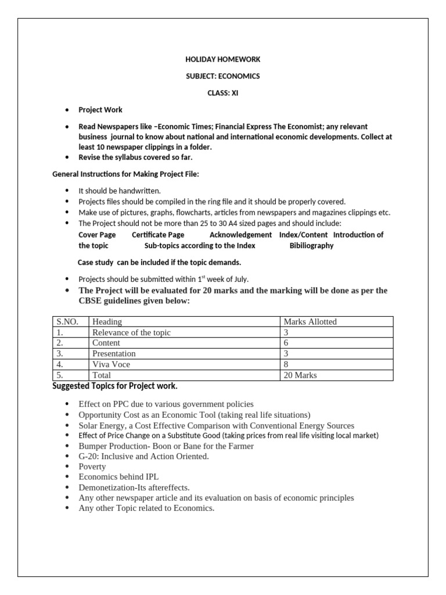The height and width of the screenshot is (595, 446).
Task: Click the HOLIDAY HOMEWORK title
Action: click(x=222, y=59)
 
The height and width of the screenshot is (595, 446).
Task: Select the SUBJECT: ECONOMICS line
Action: click(x=222, y=76)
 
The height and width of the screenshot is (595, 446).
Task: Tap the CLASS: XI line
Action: click(x=222, y=92)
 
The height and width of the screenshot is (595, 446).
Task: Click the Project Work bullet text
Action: click(x=100, y=110)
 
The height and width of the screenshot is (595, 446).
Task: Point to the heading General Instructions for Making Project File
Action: click(x=126, y=174)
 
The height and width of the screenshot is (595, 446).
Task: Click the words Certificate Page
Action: click(x=158, y=235)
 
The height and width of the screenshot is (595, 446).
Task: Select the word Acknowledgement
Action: click(x=240, y=235)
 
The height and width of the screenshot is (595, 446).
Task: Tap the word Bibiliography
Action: click(x=311, y=246)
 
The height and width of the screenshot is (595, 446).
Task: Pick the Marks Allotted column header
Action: click(x=310, y=322)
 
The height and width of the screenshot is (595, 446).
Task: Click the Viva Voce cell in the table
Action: click(x=111, y=364)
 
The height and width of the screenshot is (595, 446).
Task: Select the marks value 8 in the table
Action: click(x=286, y=364)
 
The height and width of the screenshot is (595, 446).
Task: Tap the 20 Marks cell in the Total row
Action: click(x=300, y=375)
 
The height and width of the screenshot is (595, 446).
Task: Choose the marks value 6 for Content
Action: click(x=286, y=343)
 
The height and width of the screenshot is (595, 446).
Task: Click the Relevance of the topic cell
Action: click(x=131, y=332)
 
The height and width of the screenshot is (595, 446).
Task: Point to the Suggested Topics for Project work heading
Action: click(x=115, y=386)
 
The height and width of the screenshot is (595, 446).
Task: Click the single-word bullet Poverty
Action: click(x=92, y=467)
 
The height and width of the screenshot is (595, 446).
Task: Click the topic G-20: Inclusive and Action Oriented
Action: click(x=143, y=456)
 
